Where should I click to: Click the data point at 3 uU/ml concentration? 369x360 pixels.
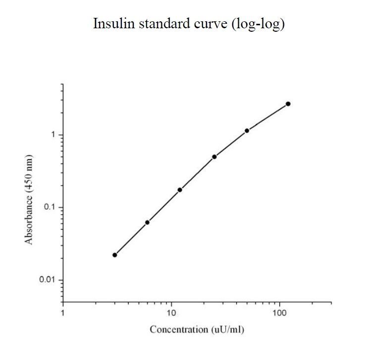(x=115, y=255)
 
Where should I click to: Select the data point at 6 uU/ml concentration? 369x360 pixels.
(x=147, y=222)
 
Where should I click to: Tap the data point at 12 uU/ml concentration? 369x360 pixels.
(x=180, y=190)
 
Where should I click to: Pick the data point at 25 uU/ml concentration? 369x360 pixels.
(x=214, y=157)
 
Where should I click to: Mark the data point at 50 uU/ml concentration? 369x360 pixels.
(x=247, y=131)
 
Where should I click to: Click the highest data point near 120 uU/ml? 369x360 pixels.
(x=288, y=104)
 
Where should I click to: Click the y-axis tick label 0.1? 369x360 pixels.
(x=50, y=207)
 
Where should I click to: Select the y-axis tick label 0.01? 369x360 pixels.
(x=48, y=280)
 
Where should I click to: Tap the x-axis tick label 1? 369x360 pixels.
(x=63, y=313)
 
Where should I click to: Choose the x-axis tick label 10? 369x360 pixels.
(x=171, y=313)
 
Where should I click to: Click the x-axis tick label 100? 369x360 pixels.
(x=280, y=313)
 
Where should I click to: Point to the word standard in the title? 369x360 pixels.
(x=152, y=24)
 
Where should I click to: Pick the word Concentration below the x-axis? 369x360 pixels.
(x=179, y=329)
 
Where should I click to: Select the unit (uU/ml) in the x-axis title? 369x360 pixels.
(x=228, y=330)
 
